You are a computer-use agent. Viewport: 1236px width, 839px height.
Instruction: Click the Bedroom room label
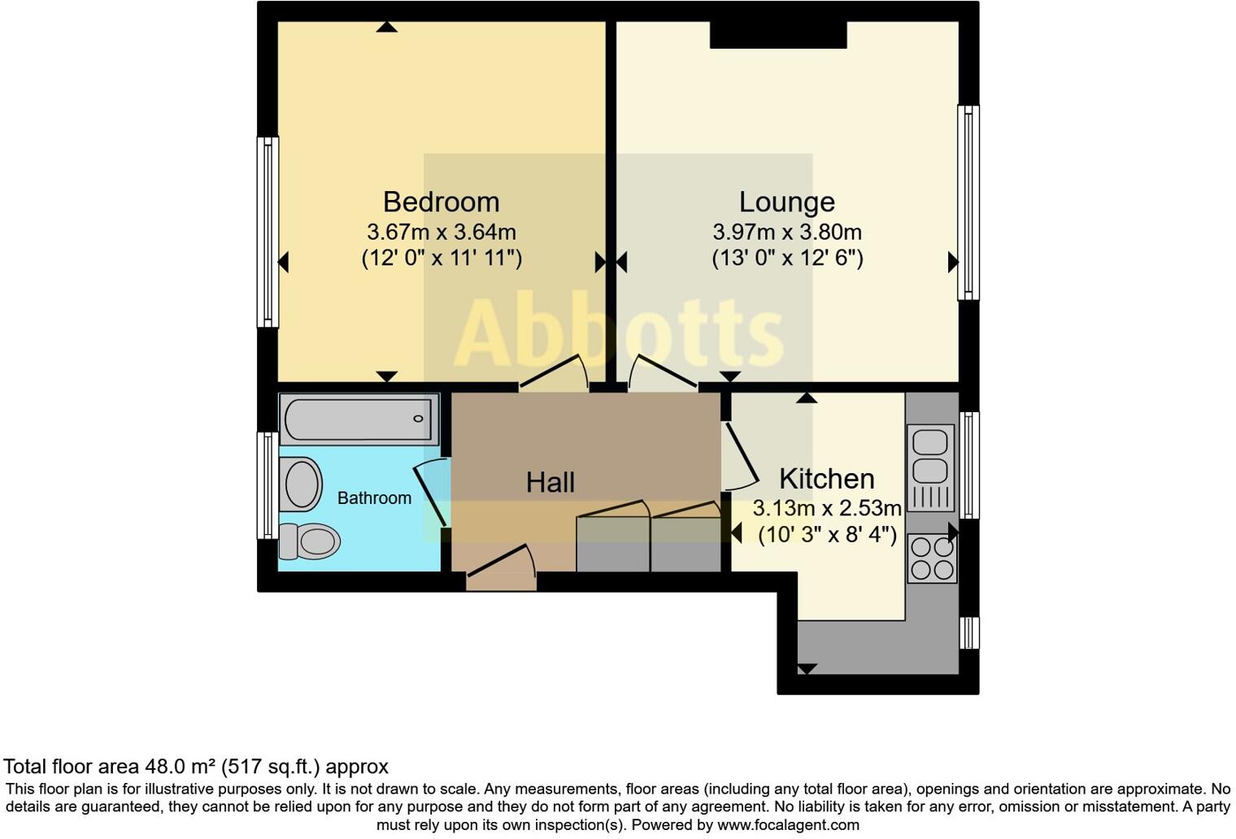click(441, 202)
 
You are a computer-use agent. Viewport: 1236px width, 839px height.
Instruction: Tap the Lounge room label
click(786, 202)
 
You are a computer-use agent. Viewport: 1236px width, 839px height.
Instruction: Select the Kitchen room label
click(826, 478)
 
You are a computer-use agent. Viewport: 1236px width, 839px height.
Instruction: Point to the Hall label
click(550, 482)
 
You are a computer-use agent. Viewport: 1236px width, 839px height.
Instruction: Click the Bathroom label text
click(374, 498)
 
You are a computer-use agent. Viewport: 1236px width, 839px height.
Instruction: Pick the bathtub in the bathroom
click(359, 419)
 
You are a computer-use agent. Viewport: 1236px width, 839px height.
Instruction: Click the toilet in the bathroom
click(310, 541)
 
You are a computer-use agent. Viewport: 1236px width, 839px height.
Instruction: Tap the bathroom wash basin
click(300, 484)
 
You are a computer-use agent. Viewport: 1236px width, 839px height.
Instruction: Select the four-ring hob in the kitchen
click(932, 559)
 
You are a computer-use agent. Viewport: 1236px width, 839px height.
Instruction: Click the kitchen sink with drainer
click(931, 467)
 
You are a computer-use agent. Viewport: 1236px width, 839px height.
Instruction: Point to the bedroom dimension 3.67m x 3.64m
click(441, 232)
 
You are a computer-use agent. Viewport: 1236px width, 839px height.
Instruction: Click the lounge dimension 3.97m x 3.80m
click(786, 232)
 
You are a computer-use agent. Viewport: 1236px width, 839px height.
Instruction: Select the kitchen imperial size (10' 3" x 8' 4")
click(827, 535)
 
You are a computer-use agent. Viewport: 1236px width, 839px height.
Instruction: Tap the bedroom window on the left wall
click(268, 232)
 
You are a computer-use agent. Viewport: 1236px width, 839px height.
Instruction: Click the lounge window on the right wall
click(968, 202)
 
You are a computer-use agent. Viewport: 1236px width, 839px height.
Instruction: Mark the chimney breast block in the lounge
click(778, 35)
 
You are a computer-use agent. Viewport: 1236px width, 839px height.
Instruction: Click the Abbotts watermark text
click(618, 333)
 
